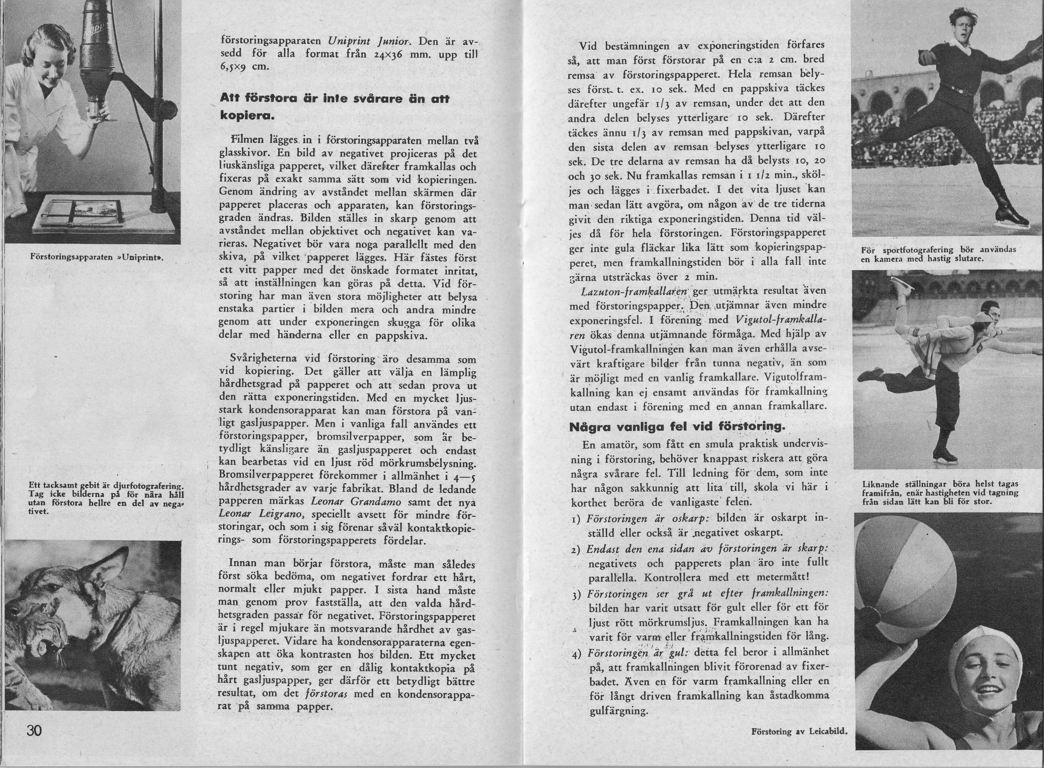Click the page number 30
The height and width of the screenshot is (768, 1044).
pyautogui.click(x=34, y=730)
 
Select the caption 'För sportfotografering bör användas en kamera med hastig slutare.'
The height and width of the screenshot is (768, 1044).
pyautogui.click(x=938, y=254)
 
